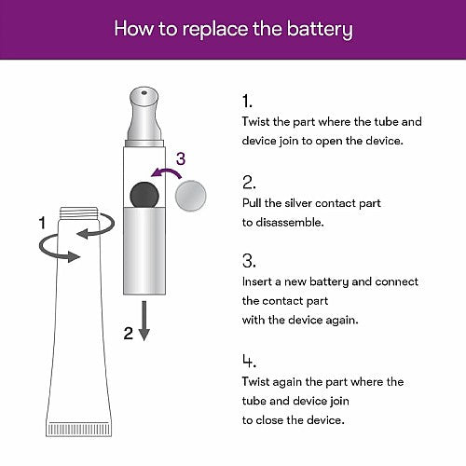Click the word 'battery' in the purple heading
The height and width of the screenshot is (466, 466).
(x=320, y=29)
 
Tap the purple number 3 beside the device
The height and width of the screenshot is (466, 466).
(x=181, y=158)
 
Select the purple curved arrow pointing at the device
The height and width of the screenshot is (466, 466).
(x=166, y=172)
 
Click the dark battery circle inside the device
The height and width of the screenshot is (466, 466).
(x=144, y=195)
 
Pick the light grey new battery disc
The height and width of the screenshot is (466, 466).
(x=191, y=196)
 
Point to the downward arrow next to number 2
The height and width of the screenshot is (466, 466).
(x=144, y=321)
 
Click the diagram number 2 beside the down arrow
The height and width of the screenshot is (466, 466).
(x=129, y=334)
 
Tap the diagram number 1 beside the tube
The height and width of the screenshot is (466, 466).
(x=42, y=223)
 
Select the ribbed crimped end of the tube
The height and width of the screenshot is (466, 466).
(x=79, y=429)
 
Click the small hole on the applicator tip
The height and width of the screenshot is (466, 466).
(x=144, y=92)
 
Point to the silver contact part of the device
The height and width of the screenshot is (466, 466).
(x=144, y=251)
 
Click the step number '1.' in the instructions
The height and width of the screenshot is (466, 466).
(x=247, y=102)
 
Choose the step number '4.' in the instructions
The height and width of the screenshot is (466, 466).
(x=249, y=361)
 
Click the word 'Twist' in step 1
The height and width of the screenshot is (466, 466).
(x=255, y=121)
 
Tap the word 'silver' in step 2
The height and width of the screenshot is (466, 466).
(x=298, y=203)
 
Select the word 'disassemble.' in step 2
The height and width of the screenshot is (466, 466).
(x=290, y=223)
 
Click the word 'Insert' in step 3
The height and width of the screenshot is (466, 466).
(x=257, y=281)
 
